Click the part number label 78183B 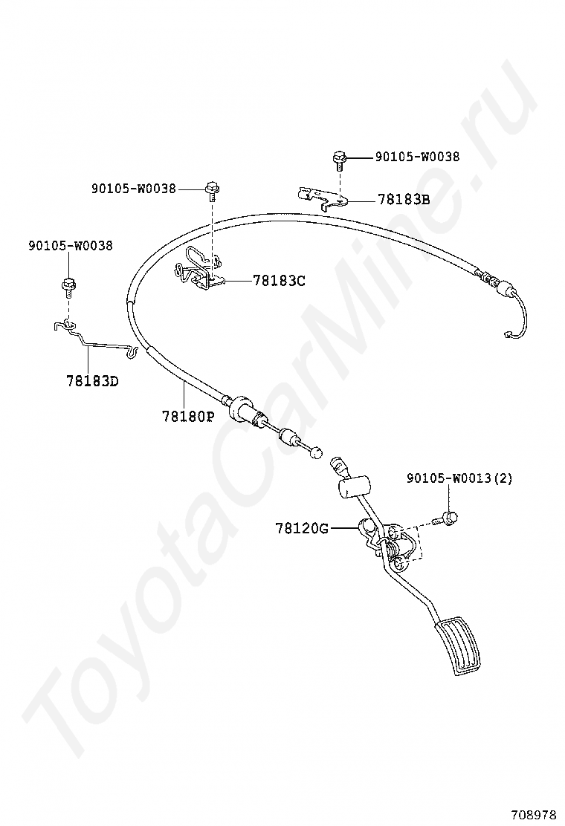pyautogui.click(x=404, y=200)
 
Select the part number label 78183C pyautogui.click(x=279, y=281)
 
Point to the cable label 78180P pyautogui.click(x=188, y=416)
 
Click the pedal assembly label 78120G pyautogui.click(x=302, y=528)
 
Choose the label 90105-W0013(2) pyautogui.click(x=459, y=479)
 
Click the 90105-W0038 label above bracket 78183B pyautogui.click(x=417, y=157)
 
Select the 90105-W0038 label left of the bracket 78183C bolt pyautogui.click(x=134, y=189)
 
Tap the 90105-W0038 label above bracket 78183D pyautogui.click(x=71, y=245)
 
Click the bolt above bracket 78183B pyautogui.click(x=339, y=158)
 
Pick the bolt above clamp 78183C pyautogui.click(x=212, y=190)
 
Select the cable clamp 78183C pyautogui.click(x=198, y=268)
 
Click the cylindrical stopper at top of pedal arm pyautogui.click(x=355, y=487)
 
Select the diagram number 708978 pyautogui.click(x=533, y=812)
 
